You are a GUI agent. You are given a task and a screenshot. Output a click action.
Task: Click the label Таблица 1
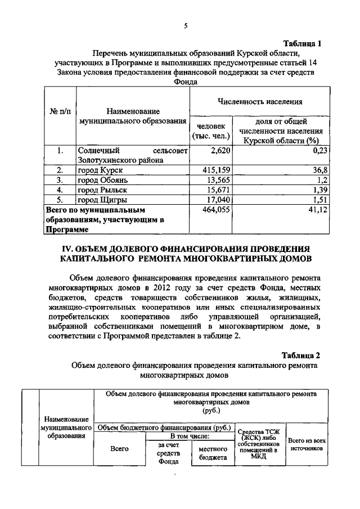(x=302, y=43)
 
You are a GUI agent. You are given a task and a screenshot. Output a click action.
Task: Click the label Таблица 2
(x=301, y=355)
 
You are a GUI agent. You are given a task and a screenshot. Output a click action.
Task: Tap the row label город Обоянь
(x=103, y=180)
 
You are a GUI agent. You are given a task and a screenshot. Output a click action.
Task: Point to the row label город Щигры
(x=102, y=200)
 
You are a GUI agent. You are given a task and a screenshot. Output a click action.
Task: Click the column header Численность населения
(x=260, y=102)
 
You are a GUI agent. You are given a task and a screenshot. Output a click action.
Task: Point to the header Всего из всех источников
(x=307, y=445)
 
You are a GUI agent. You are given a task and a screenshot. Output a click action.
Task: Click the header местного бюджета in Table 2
(x=213, y=454)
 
